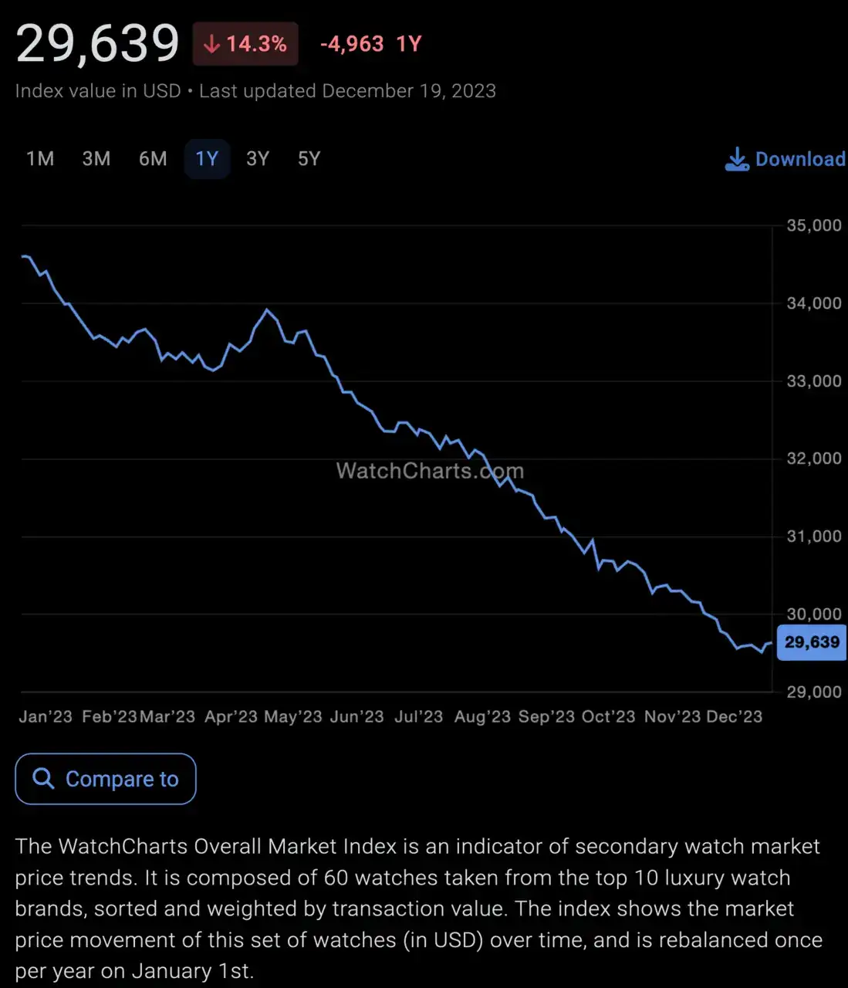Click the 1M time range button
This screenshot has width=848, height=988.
[x=40, y=159]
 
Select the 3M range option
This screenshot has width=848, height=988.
[x=96, y=159]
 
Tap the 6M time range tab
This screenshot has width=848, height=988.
[x=153, y=159]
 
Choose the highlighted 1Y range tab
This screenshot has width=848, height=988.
[x=207, y=159]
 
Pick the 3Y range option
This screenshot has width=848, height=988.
[x=258, y=159]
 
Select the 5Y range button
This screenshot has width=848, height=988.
[x=309, y=159]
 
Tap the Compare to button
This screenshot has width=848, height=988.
[x=106, y=779]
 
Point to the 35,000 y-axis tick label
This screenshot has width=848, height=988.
[x=813, y=225]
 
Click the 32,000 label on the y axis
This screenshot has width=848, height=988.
[x=813, y=458]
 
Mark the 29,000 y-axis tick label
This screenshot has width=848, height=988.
[x=813, y=692]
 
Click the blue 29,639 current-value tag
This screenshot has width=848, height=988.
[x=812, y=642]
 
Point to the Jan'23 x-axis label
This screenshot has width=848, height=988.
[x=46, y=716]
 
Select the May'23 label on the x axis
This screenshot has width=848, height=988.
[x=293, y=716]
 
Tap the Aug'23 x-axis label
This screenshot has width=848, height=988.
[x=482, y=716]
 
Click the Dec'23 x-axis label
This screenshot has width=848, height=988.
[x=734, y=716]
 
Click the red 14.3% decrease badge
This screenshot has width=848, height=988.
[x=245, y=44]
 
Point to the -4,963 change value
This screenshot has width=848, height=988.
[x=352, y=44]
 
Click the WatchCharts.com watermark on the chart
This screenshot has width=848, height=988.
[x=430, y=471]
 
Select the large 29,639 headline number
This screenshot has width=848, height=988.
[x=98, y=43]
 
